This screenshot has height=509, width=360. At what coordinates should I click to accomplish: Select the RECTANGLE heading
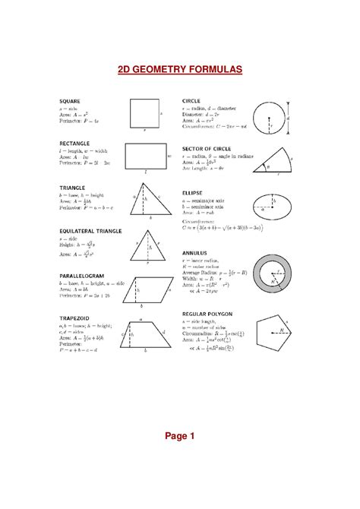click(x=74, y=143)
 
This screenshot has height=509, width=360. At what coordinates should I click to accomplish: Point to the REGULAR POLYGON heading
click(x=207, y=313)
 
